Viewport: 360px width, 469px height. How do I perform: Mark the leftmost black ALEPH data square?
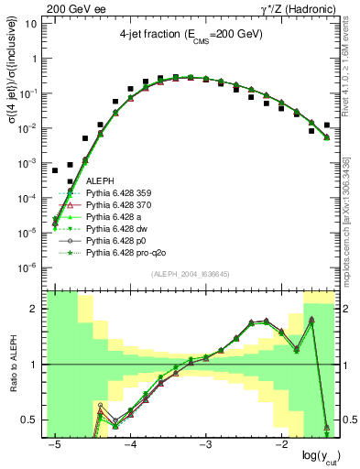click(55, 170)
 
